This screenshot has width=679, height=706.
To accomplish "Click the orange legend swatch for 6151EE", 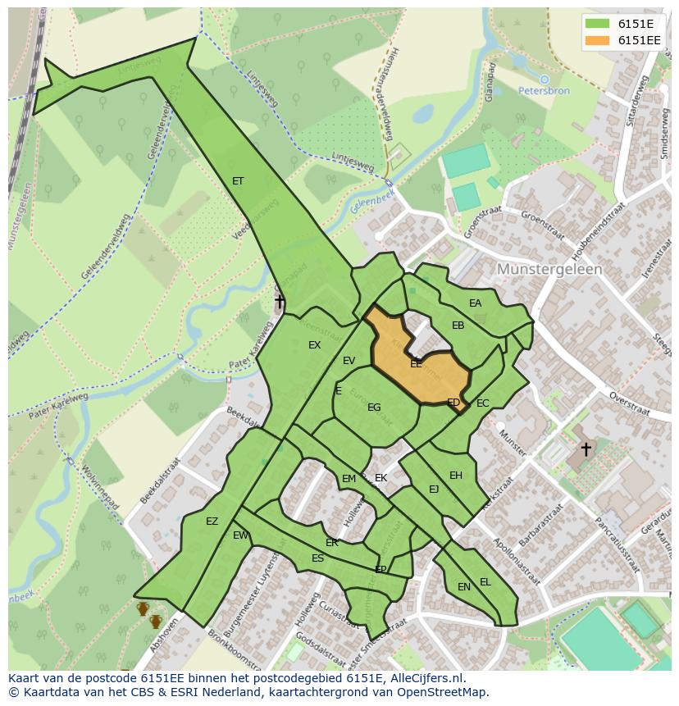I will (597, 40).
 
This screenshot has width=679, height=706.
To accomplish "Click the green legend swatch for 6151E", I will (597, 24).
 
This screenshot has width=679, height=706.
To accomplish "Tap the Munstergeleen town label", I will (549, 269).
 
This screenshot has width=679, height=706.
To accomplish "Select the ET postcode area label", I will (238, 181).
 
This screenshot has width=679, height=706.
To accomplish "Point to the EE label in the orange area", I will (416, 362).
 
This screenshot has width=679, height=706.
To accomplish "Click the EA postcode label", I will (475, 303).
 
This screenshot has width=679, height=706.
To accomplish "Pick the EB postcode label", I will (458, 326).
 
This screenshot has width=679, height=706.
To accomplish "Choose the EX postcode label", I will (314, 345).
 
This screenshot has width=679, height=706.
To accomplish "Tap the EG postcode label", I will (374, 408).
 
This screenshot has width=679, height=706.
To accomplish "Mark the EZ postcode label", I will (212, 522).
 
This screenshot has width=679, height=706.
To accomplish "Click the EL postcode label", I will (485, 582).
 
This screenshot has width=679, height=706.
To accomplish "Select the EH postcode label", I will (456, 476).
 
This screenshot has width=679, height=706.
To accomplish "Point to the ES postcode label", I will (317, 558).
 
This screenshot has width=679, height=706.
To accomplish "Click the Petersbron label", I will (544, 91).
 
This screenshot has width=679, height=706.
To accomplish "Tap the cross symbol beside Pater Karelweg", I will (280, 302).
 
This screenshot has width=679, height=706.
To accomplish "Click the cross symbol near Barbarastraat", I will (586, 449).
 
